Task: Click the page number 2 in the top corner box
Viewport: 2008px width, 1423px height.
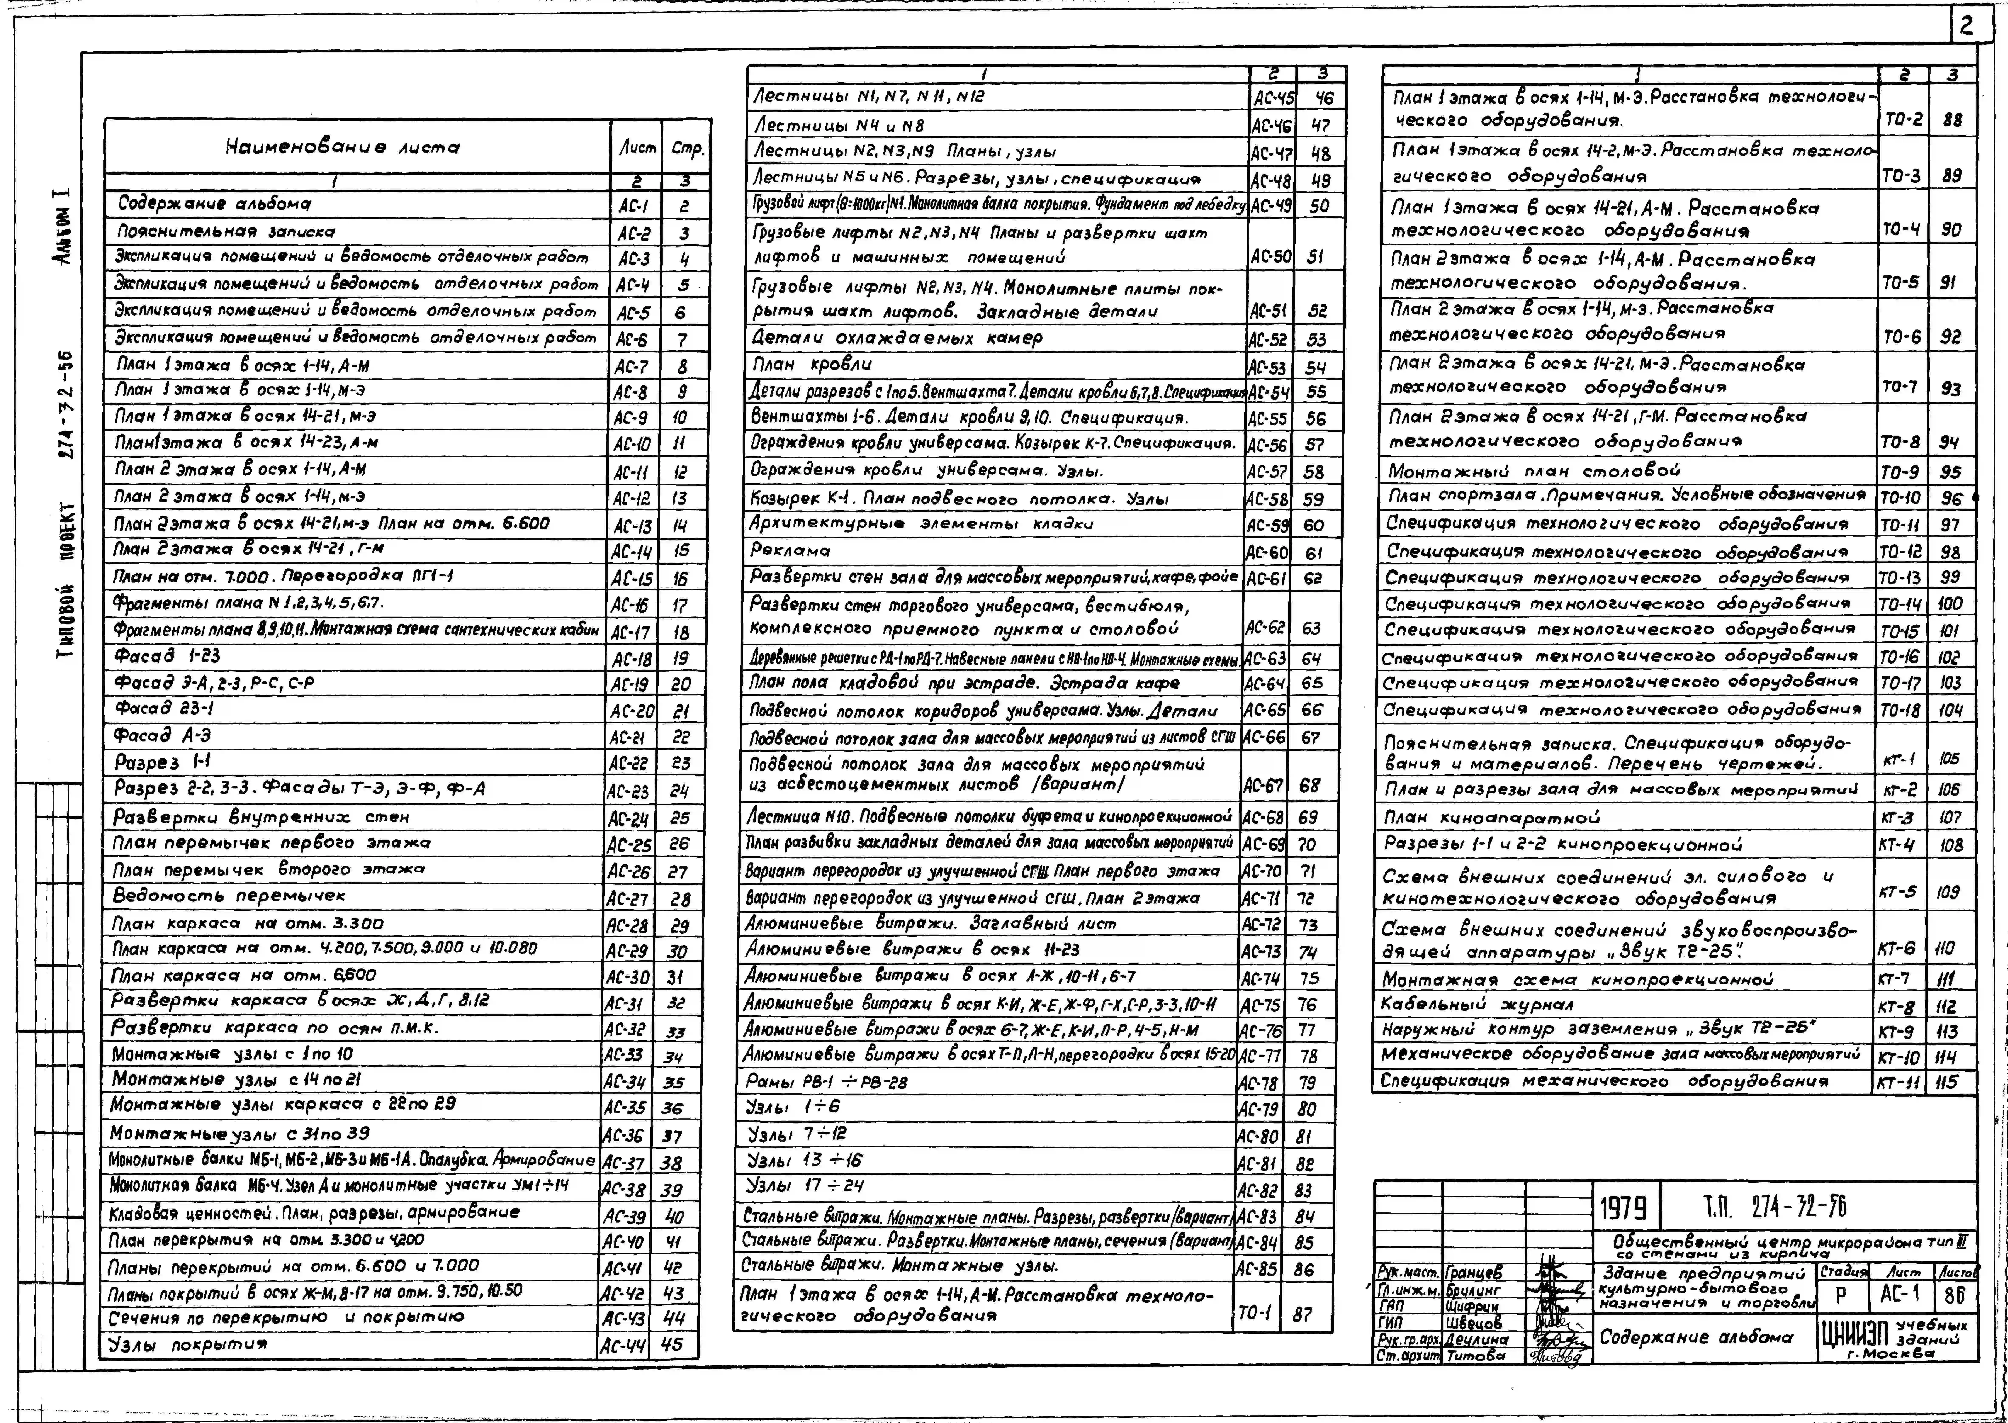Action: click(x=1966, y=26)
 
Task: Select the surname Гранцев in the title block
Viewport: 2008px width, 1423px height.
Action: click(x=1472, y=1272)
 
